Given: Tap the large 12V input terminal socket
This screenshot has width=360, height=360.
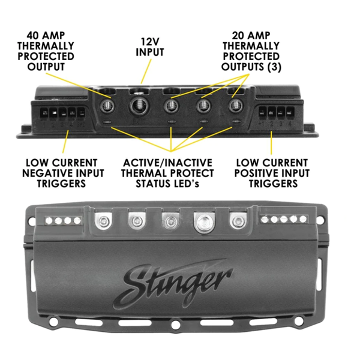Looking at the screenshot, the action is [139, 106].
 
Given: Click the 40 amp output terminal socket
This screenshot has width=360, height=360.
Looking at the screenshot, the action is [107, 106].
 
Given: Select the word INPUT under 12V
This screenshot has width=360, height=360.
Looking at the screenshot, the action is [149, 52].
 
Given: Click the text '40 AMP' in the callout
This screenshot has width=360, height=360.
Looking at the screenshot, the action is [46, 35].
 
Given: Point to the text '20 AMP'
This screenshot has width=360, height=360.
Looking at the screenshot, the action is [251, 35].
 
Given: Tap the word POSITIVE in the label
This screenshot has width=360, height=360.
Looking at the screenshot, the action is [256, 173].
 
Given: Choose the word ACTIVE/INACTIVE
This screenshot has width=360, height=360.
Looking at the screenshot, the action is [167, 163].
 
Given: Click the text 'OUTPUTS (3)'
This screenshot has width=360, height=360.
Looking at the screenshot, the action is [251, 67].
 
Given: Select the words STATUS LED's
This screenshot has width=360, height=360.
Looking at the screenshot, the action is [167, 184].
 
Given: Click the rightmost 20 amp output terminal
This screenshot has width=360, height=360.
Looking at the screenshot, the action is [236, 106].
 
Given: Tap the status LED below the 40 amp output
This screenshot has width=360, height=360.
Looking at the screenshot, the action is [107, 122].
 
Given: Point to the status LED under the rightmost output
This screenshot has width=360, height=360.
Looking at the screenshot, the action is [236, 121].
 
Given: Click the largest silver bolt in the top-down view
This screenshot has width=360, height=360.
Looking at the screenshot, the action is [204, 222].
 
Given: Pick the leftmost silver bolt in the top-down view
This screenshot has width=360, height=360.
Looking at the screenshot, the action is [103, 221].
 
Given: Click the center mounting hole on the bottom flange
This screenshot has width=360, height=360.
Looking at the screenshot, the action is [176, 325].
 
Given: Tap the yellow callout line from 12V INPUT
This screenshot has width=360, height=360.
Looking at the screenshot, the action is [146, 71].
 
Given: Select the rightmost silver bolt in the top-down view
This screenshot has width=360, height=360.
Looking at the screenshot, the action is [238, 221].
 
